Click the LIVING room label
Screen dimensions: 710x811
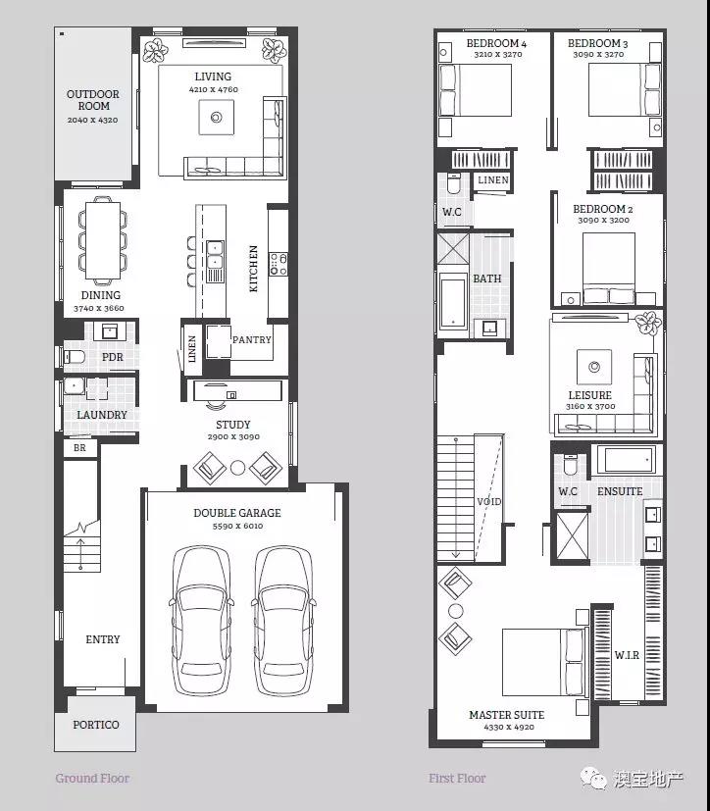click(x=213, y=76)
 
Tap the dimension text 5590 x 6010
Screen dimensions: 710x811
click(x=237, y=526)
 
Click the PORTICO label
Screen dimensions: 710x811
click(x=96, y=725)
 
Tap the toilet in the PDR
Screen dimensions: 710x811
click(x=74, y=357)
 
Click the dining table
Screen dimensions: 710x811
click(x=103, y=240)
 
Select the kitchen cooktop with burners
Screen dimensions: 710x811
click(x=279, y=264)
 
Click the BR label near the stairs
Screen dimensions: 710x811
click(x=79, y=448)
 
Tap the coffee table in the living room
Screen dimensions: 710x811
click(x=216, y=118)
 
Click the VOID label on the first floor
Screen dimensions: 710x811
click(x=488, y=502)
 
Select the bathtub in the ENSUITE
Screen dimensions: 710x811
click(x=627, y=459)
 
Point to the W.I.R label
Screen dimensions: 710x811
click(x=627, y=655)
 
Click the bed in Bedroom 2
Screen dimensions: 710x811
click(x=609, y=269)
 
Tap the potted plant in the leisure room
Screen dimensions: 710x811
click(x=648, y=324)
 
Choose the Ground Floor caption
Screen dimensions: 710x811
click(x=92, y=778)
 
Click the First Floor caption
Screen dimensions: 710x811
click(x=457, y=778)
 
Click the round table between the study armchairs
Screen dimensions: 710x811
click(x=237, y=468)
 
